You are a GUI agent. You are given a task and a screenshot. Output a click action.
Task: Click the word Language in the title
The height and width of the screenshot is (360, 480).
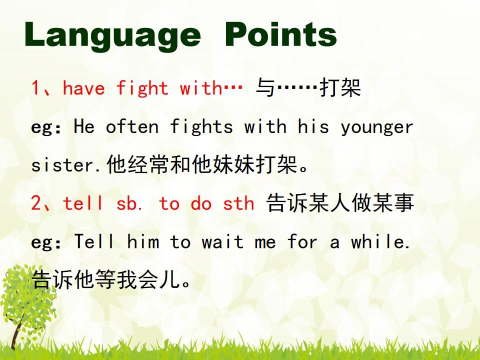(112, 35)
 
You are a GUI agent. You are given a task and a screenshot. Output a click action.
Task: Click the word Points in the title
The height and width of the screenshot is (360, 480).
(281, 34)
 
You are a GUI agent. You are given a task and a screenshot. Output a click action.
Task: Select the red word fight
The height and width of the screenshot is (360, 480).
(142, 88)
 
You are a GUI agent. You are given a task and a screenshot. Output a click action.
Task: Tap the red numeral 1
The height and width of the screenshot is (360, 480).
(35, 87)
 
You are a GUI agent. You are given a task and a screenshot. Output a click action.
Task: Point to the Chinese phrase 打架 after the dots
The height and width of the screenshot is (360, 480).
(340, 88)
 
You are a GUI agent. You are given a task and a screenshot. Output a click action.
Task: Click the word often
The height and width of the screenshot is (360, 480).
(132, 126)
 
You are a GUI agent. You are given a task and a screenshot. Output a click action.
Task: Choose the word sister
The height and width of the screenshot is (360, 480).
(63, 164)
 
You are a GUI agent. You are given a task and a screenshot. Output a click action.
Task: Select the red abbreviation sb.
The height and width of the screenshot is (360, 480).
(129, 203)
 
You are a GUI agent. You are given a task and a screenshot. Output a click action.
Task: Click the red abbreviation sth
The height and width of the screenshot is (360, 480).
(238, 203)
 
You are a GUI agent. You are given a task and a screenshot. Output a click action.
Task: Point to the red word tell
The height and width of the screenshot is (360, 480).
(82, 203)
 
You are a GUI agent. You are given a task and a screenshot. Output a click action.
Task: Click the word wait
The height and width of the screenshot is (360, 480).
(222, 241)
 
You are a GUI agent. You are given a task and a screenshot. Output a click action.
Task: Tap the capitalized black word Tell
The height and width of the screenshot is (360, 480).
(94, 241)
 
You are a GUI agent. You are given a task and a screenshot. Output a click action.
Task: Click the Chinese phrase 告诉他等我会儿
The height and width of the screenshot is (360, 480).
(111, 279)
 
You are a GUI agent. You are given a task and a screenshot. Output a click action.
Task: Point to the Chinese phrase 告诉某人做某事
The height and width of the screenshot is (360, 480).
(340, 202)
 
